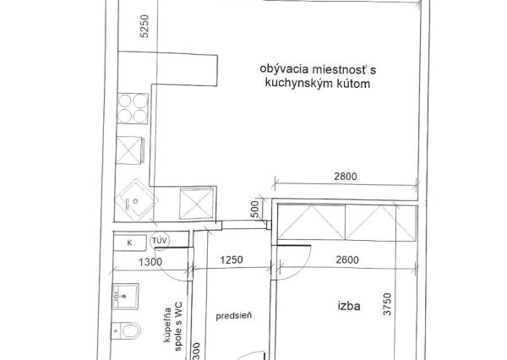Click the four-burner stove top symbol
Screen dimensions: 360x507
point(132,109)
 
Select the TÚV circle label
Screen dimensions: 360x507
point(159,242)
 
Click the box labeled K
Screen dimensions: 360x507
point(129,242)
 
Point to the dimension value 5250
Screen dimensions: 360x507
point(144,26)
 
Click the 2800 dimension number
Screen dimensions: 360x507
point(346,177)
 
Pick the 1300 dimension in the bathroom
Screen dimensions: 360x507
point(150,262)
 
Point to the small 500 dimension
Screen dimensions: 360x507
point(255,208)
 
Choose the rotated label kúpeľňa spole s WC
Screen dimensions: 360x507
point(173,325)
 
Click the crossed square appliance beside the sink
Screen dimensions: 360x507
point(197,203)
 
